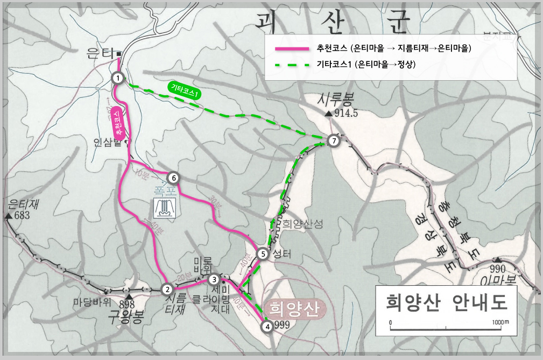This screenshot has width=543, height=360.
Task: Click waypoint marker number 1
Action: [x=117, y=78]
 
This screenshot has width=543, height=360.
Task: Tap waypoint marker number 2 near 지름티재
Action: [x=167, y=289]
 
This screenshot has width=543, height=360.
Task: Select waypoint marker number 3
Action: [x=214, y=279]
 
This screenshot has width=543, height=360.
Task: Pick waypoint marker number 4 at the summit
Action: [x=267, y=325]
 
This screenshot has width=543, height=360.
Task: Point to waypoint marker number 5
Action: [x=263, y=254]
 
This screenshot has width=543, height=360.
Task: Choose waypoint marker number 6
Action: [x=173, y=178]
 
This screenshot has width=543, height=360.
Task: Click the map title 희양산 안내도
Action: [x=446, y=301]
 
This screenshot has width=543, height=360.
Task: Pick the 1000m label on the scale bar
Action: [x=500, y=322]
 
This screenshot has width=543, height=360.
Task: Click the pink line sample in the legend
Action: [x=292, y=48]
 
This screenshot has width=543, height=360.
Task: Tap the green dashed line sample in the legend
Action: [x=292, y=65]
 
